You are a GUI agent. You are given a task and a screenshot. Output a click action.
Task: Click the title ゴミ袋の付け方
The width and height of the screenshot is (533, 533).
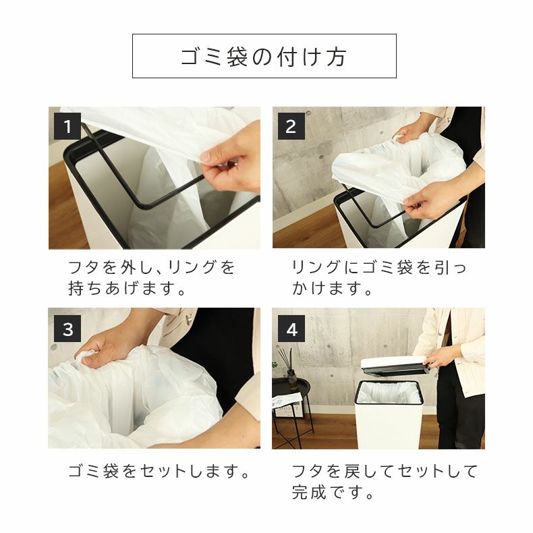(x=264, y=57)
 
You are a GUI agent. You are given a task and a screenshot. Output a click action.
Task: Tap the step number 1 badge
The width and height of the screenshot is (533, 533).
(x=67, y=126)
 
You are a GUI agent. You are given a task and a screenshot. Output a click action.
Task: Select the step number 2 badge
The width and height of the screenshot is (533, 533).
(x=291, y=126)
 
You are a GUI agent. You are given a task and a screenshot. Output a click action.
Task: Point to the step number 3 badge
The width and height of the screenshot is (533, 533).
(x=67, y=329)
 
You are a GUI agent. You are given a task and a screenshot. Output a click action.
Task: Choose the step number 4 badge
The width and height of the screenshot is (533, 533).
(x=291, y=329)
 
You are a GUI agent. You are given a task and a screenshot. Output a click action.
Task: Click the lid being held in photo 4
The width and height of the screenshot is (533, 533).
(x=395, y=365)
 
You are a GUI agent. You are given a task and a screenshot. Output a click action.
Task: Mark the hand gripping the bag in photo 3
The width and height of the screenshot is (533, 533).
(x=108, y=347)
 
